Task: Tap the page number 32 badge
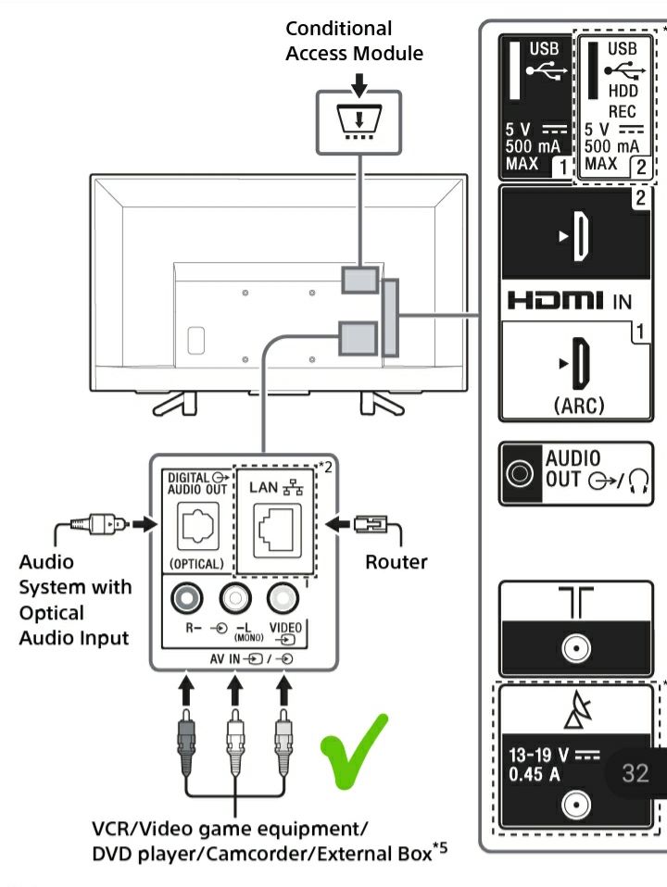click(635, 772)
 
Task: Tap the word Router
click(396, 562)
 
